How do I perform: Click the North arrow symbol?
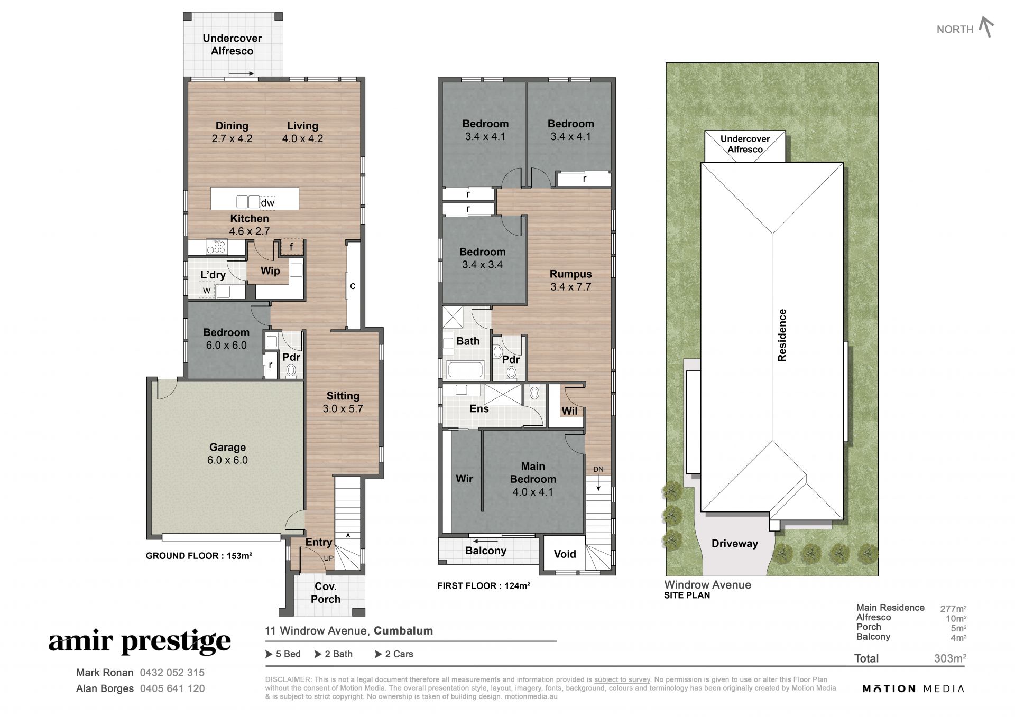(986, 27)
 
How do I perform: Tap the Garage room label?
(227, 448)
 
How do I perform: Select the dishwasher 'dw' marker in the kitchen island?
(267, 203)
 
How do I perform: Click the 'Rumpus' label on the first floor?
(570, 274)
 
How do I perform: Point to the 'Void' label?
(565, 554)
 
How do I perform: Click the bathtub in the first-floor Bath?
(466, 370)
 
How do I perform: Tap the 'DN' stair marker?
(598, 470)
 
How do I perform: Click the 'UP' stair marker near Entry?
(328, 558)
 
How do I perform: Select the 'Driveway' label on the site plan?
(734, 544)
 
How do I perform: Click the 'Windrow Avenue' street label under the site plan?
(707, 585)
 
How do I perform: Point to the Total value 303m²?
(950, 658)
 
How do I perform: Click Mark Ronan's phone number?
(172, 673)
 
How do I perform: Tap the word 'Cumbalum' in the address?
(403, 631)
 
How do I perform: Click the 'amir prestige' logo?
(140, 642)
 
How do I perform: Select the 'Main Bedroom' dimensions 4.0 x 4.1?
(532, 492)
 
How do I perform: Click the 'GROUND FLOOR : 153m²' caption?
(199, 556)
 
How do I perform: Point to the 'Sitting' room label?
(343, 396)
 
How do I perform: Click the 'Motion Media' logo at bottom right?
(913, 688)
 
